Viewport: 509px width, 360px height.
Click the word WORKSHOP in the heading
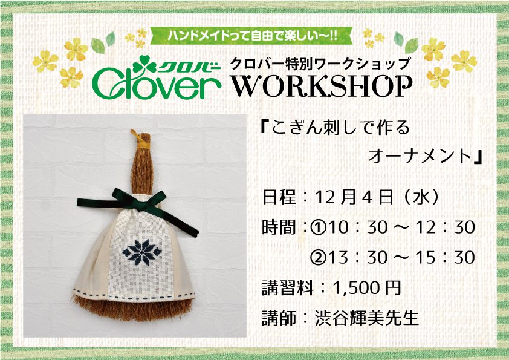pyautogui.click(x=322, y=86)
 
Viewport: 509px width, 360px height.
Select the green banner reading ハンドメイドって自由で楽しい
pyautogui.click(x=251, y=36)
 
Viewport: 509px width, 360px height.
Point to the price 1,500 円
pyautogui.click(x=366, y=288)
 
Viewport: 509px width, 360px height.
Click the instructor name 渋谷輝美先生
pyautogui.click(x=366, y=317)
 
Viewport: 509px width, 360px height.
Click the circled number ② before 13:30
pyautogui.click(x=319, y=257)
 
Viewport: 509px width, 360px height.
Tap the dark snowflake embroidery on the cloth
pyautogui.click(x=142, y=252)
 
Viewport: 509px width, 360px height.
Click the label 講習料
pyautogui.click(x=287, y=288)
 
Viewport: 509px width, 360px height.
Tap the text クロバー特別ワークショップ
pyautogui.click(x=320, y=64)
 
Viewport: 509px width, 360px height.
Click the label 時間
pyautogui.click(x=279, y=227)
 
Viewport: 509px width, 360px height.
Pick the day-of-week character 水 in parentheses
pyautogui.click(x=421, y=197)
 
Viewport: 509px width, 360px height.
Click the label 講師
pyautogui.click(x=279, y=317)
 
